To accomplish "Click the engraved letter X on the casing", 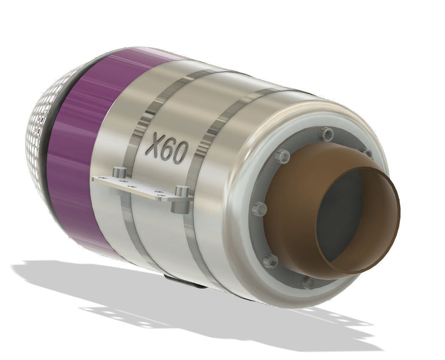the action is [x=155, y=145].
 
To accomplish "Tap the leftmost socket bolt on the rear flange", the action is [x=259, y=208].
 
